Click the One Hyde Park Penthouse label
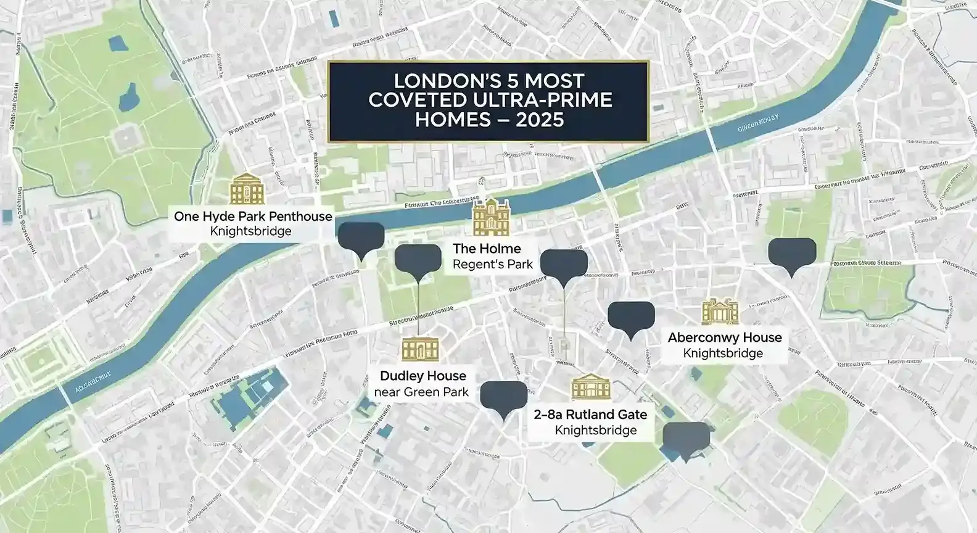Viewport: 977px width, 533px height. (x=253, y=217)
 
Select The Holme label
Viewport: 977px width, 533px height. (x=487, y=249)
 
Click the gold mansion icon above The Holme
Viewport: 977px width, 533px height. (x=491, y=217)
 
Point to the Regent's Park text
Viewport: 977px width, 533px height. (x=492, y=265)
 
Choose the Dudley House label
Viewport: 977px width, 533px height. (x=423, y=376)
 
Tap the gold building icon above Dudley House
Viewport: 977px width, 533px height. (x=420, y=349)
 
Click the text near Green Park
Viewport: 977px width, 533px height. (x=423, y=392)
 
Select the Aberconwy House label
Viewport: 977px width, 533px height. (x=725, y=337)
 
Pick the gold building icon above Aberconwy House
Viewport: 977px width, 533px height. (x=720, y=312)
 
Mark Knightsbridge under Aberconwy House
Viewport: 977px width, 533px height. (x=723, y=353)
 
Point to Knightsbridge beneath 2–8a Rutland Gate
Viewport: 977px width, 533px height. (x=596, y=431)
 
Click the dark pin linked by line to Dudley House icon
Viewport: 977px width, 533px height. (x=418, y=259)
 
